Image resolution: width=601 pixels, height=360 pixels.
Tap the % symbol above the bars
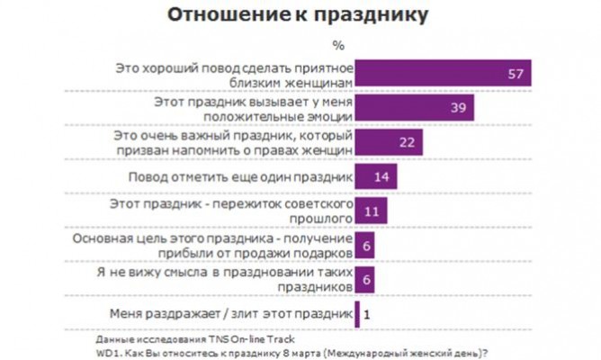pos(338,43)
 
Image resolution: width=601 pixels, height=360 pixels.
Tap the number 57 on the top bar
pos(515,74)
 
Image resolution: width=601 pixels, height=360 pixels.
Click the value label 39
pos(456,108)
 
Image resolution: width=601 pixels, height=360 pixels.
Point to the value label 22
pos(407,142)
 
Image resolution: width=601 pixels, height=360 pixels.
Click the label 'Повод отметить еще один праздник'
pos(242,175)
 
